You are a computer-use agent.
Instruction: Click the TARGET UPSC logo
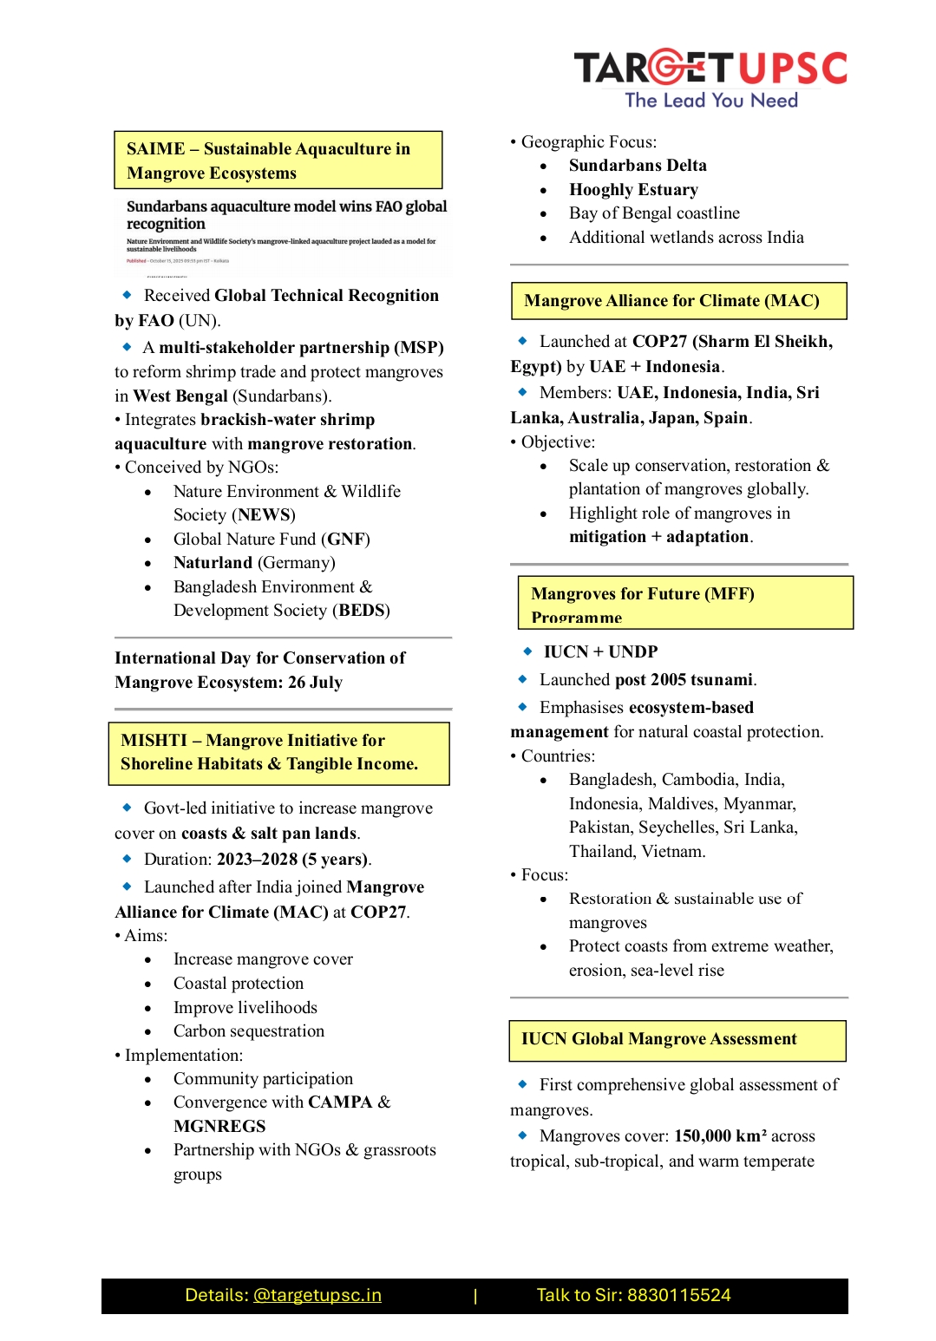[710, 68]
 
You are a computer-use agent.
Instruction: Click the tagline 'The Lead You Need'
[711, 101]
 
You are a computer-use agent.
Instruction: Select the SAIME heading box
[278, 160]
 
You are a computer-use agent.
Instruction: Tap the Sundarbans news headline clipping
[285, 230]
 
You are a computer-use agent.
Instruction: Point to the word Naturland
[213, 563]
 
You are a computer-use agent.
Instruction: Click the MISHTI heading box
[278, 753]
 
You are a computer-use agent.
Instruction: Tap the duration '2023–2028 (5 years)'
[293, 860]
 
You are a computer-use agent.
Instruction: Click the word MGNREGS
[219, 1127]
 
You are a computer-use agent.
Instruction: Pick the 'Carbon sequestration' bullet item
[249, 1031]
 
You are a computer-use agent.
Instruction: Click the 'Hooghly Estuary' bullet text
[633, 190]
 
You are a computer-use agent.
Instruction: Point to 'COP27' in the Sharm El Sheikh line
[659, 342]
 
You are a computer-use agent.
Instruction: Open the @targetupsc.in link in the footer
[317, 1296]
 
